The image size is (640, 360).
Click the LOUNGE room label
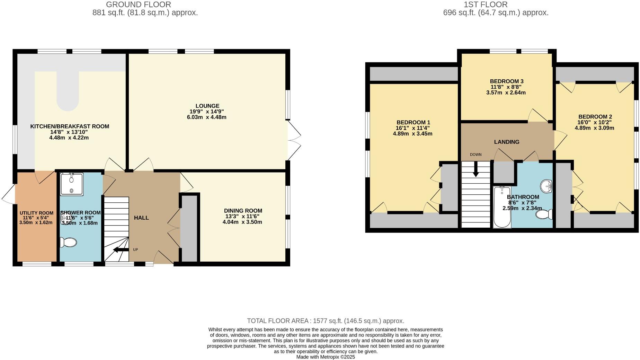coord(207,106)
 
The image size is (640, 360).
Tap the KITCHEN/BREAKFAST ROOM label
coord(70,126)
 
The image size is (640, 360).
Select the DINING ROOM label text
coord(243,211)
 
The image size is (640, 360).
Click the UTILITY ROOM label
coord(36,213)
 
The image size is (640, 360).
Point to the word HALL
coord(141,218)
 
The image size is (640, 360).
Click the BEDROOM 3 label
coord(506,81)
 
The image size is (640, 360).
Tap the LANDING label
coord(506,142)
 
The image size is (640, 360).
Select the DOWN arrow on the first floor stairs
coord(476,169)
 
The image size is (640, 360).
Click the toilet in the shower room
coord(68,242)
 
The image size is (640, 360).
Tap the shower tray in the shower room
coord(72,184)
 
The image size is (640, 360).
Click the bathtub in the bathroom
coord(502,207)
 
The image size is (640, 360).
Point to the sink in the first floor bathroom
coord(546,186)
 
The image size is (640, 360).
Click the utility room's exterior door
coord(9,194)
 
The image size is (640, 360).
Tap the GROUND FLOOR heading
coord(138,5)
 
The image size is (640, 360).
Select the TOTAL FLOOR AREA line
coord(325,321)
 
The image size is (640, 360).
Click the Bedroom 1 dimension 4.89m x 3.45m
coord(412,133)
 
